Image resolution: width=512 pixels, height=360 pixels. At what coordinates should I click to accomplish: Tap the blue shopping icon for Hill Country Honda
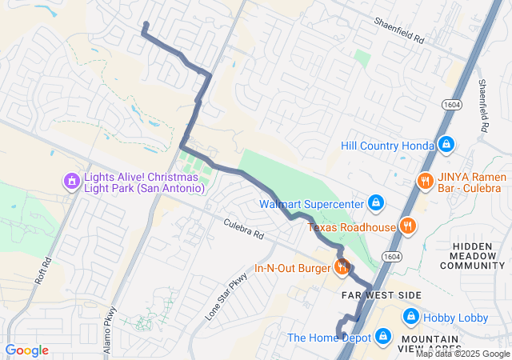point(446,146)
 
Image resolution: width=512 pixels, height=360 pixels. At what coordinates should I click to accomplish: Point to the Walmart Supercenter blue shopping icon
point(375,203)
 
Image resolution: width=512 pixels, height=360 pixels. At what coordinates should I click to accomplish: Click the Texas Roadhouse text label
point(352,227)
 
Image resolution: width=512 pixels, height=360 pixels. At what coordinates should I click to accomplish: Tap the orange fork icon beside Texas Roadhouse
point(408,226)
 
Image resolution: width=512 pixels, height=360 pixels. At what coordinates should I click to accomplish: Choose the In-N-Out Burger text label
point(293,268)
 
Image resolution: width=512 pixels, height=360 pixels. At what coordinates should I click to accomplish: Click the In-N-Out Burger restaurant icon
point(342,267)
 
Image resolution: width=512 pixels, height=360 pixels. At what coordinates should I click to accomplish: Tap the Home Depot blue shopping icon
point(383,338)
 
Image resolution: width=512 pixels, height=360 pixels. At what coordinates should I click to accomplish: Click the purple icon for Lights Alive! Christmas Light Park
point(72,181)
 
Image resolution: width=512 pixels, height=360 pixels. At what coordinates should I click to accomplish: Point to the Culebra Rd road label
point(243,231)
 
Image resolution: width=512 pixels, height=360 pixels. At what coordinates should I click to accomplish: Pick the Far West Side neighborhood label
point(381,295)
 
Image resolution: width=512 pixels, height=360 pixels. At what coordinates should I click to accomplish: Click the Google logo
point(26,350)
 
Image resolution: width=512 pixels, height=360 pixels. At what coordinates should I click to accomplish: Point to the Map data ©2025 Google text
point(462,354)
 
